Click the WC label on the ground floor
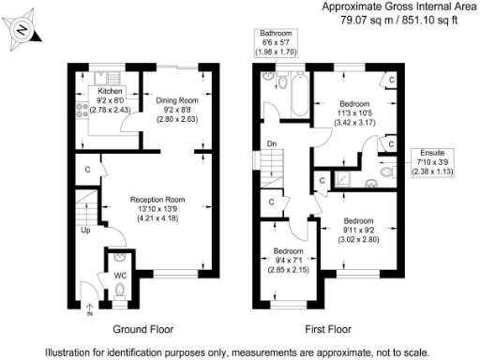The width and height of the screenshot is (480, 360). coord(119,275)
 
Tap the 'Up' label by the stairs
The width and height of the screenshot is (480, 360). coord(85,229)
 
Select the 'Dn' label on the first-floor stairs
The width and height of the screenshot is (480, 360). coord(271,143)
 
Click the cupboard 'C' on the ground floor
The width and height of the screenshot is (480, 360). coord(87,170)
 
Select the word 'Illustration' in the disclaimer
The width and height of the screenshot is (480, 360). coord(72,352)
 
